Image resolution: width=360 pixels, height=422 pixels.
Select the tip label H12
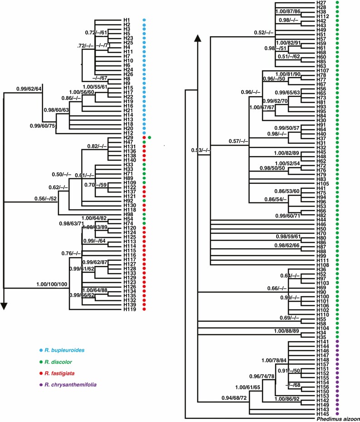127,132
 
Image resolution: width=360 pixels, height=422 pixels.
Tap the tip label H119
129,309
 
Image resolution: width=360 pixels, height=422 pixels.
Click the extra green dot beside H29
149,137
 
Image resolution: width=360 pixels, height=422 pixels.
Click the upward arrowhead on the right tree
198,39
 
